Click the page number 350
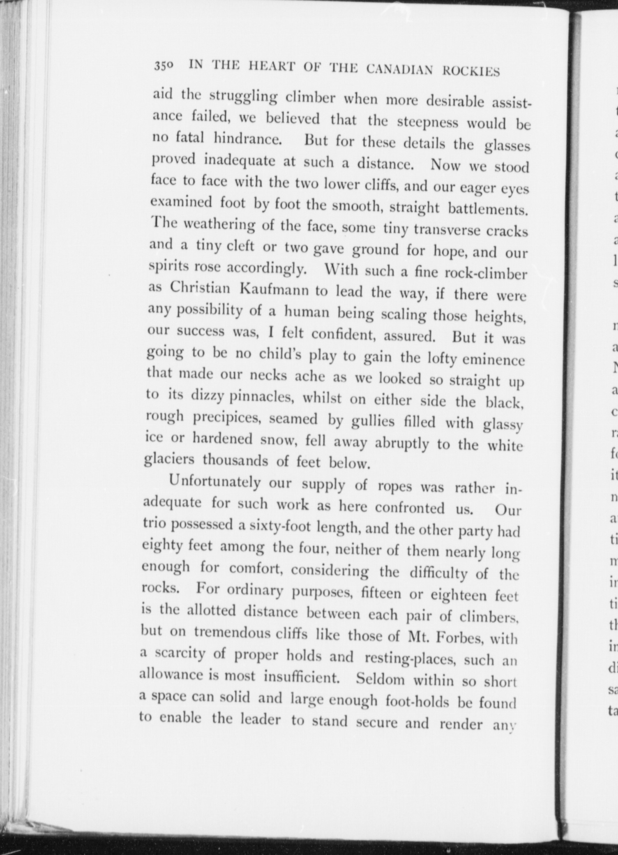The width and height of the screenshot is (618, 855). click(164, 65)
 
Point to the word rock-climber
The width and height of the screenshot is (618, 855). click(486, 273)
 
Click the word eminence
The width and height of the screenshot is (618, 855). click(493, 360)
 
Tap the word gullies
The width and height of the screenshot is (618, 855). click(367, 421)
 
